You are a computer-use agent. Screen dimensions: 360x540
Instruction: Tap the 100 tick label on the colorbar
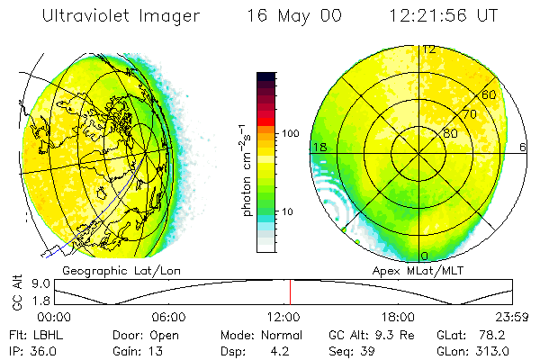pos(290,133)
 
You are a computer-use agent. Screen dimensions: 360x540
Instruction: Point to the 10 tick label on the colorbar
pos(287,212)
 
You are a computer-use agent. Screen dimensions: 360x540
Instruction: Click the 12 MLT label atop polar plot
pos(429,49)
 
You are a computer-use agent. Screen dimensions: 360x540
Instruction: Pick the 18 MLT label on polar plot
pos(319,147)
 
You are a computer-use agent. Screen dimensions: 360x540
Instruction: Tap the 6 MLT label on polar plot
pos(524,147)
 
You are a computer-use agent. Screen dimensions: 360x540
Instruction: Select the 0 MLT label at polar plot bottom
pos(425,256)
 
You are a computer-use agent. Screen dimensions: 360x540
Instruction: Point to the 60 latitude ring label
pos(490,94)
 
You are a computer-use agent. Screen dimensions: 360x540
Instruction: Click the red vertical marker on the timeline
pos(290,292)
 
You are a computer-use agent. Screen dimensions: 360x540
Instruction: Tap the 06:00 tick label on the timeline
pos(169,318)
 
